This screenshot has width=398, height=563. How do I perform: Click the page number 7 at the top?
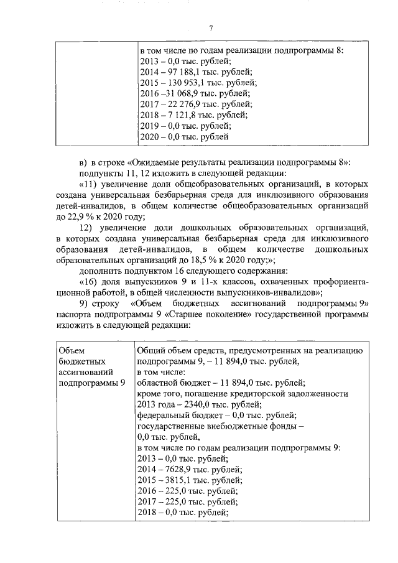coord(211,27)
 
